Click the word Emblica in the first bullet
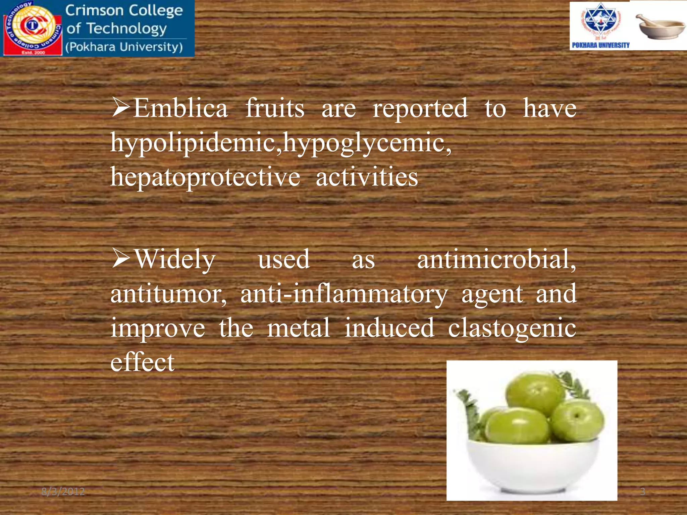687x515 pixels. click(x=180, y=109)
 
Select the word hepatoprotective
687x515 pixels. click(x=205, y=177)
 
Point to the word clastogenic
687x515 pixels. click(x=512, y=328)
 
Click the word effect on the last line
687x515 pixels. click(x=143, y=362)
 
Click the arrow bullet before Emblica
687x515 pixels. click(x=121, y=108)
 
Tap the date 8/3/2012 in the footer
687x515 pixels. click(x=63, y=492)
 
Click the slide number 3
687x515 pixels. click(x=642, y=492)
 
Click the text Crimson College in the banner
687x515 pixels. click(x=124, y=11)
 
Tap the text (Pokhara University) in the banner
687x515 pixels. click(x=124, y=47)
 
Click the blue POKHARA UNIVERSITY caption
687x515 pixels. click(x=600, y=45)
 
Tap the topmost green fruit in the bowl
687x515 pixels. click(x=535, y=392)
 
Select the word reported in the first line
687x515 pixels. click(x=420, y=109)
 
